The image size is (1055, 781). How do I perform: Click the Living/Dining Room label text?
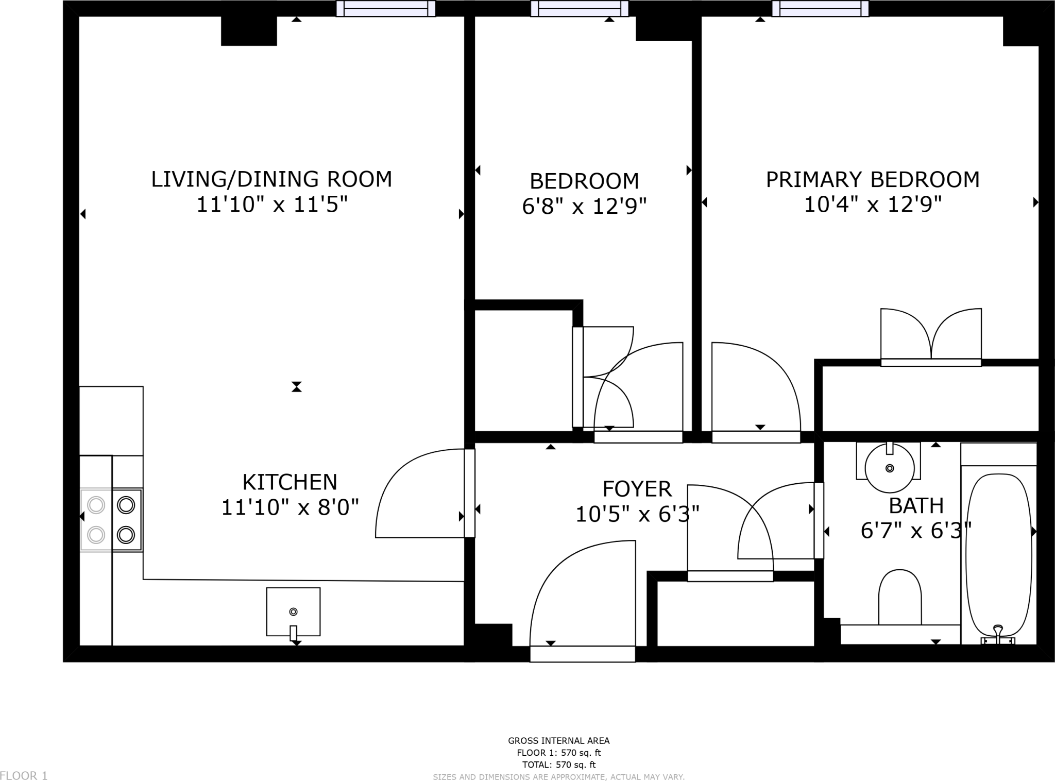271,179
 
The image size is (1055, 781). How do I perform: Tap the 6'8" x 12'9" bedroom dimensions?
584,207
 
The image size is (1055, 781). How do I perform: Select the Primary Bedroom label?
873,179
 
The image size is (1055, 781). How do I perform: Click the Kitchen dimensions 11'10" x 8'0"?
290,507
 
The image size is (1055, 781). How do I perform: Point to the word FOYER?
637,488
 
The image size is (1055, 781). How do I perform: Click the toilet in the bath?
899,598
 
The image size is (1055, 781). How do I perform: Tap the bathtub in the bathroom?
998,556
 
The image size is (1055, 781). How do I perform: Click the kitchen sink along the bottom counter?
293,612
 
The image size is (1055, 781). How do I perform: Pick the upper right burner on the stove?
126,505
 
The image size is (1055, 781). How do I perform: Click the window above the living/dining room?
386,9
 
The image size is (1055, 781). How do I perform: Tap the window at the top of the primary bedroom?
821,9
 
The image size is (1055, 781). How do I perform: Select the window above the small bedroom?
580,9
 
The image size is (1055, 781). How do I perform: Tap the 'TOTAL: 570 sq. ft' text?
559,765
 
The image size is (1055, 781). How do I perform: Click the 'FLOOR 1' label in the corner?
24,775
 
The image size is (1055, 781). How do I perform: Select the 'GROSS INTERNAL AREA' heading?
559,741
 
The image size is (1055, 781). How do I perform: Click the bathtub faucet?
998,634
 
